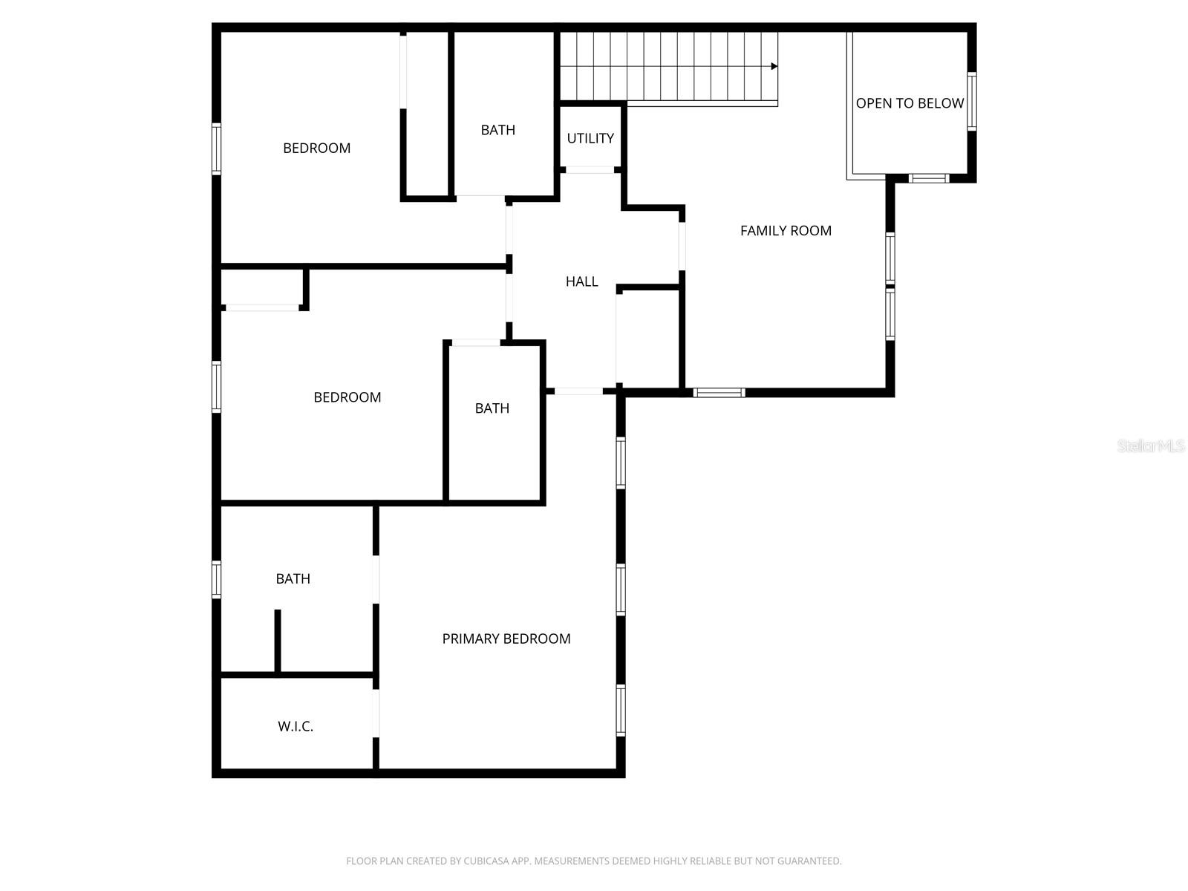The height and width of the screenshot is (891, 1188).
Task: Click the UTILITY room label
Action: pos(590,138)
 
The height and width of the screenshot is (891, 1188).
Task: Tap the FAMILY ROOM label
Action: pos(786,231)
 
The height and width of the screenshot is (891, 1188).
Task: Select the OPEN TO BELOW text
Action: pos(910,103)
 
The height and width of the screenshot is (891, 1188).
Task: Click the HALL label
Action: pos(581,281)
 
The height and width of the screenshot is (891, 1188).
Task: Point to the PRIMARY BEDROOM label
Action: pos(506,639)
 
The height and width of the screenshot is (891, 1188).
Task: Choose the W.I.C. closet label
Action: pos(296,726)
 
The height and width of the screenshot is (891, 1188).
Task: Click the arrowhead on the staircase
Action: pos(774,66)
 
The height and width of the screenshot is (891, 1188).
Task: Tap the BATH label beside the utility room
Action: pos(497,130)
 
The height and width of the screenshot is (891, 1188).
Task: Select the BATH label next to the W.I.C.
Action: pos(293,578)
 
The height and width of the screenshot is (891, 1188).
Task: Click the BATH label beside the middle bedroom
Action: pos(492,408)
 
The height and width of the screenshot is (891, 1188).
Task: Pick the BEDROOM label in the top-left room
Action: pos(316,148)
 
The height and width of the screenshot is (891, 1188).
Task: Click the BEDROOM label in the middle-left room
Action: pos(347,397)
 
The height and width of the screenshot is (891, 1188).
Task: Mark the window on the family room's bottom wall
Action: pos(719,392)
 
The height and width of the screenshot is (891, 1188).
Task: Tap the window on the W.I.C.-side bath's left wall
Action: pos(217,579)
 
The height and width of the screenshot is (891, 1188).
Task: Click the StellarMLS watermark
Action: pos(1151,446)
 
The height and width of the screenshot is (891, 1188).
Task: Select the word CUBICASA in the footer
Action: pos(486,861)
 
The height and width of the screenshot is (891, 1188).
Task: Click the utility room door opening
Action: pos(590,170)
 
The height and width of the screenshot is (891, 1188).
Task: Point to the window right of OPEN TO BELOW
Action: pos(971,102)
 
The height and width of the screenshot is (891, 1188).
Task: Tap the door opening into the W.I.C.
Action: pos(376,713)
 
